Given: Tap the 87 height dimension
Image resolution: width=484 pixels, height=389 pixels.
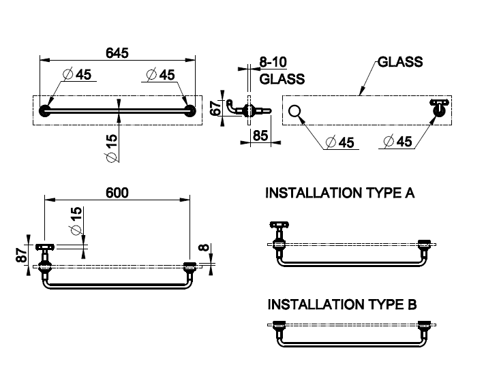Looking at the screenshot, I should coord(22,255).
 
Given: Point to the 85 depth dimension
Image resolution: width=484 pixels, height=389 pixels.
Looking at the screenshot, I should coord(260,136).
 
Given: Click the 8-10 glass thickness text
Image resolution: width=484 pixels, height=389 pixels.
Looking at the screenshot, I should coord(274,63).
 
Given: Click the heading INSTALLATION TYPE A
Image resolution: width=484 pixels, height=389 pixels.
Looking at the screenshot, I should coord(339,193).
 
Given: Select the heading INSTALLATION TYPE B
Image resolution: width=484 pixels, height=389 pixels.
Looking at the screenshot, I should coord(341,304).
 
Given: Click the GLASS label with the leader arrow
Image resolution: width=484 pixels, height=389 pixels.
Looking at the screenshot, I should coord(400,62).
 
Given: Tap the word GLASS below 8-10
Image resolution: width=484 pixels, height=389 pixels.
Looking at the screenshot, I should coord(281,79).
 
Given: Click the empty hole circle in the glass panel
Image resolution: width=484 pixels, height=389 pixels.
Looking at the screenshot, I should coord(295,111).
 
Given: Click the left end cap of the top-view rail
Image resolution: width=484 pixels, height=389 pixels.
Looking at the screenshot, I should coord(45,111).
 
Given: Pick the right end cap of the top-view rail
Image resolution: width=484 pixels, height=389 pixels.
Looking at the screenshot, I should coord(190,111).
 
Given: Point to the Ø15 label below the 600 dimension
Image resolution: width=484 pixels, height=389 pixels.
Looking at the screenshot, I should coord(76,220).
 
